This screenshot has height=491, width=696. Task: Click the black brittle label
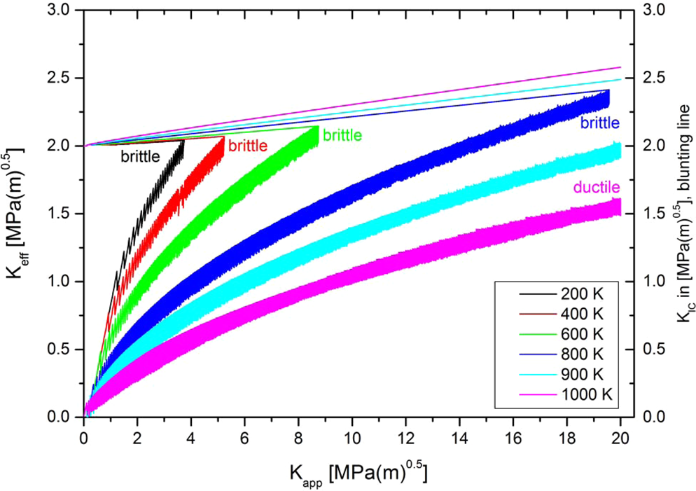[140, 156]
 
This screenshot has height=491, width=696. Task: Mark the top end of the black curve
[183, 141]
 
